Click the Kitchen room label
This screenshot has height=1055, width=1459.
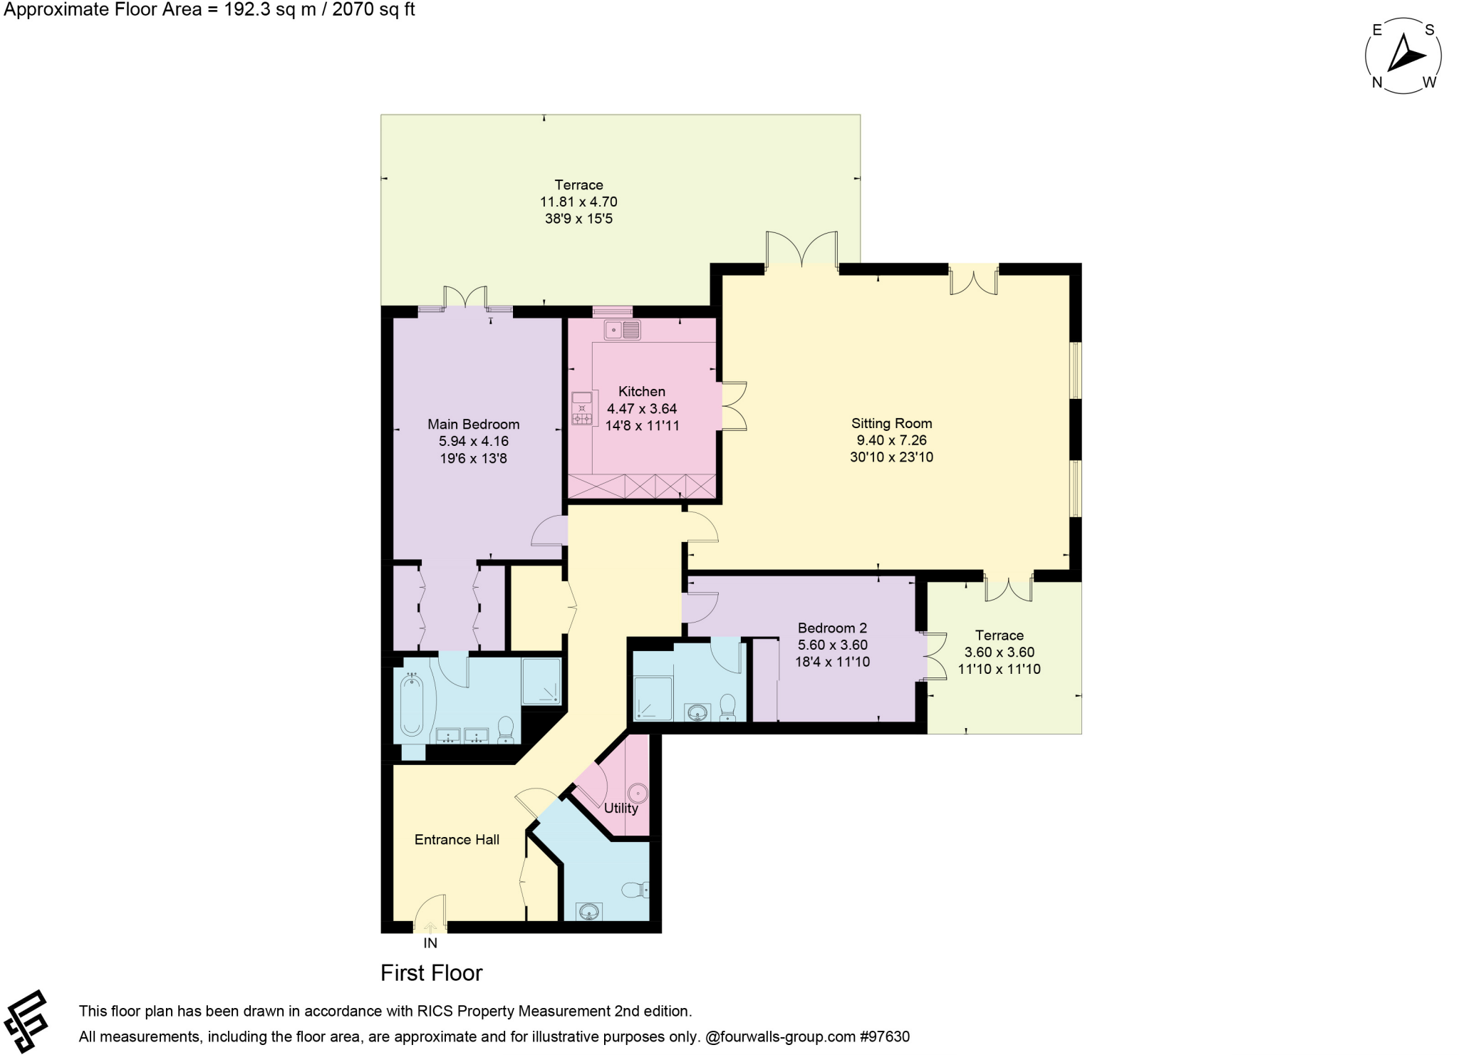coord(641,391)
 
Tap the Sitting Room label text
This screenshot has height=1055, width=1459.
coord(891,423)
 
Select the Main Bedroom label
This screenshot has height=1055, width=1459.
coord(473,424)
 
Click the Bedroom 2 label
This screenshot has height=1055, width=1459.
coord(831,628)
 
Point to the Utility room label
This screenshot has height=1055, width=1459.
coord(621,808)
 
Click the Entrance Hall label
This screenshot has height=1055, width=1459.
coord(457,839)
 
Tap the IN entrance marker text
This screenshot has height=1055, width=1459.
coord(430,942)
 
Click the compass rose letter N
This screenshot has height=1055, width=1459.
coord(1376,83)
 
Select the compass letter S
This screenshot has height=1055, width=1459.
coord(1429,30)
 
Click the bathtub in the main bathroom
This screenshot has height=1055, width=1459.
coord(411,705)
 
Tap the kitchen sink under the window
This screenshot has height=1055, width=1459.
coord(622,330)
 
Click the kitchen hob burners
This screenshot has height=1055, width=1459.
coord(582,418)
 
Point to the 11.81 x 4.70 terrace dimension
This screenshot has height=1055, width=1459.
coord(578,202)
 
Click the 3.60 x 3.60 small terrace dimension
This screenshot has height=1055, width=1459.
coord(999,652)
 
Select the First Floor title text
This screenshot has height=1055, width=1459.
coord(431,972)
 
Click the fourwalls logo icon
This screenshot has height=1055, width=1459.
coord(26,1020)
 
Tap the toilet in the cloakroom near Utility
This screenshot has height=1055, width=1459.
coord(633,889)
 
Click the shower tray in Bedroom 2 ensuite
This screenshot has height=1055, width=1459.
coord(653,697)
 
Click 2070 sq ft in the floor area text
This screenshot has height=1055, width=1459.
coord(373,10)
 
